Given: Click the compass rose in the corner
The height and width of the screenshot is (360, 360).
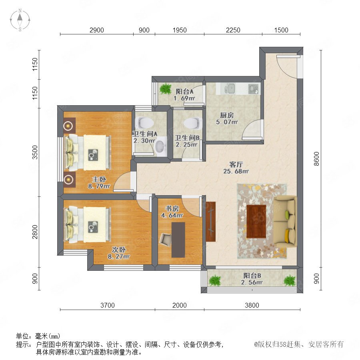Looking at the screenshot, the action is (20, 20).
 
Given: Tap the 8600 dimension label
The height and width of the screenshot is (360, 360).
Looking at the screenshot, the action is (316, 159).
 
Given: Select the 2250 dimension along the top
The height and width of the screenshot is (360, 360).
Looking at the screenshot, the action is (233, 30).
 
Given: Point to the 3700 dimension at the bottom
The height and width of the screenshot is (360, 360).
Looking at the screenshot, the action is (108, 305).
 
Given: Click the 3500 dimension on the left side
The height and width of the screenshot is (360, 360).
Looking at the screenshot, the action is (35, 152).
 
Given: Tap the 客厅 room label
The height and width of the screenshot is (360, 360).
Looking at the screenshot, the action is (236, 164).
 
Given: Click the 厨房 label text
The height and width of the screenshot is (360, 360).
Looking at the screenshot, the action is (227, 115).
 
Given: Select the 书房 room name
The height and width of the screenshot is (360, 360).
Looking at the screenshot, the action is (172, 208).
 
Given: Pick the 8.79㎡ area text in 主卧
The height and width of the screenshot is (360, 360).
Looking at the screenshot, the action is (99, 186).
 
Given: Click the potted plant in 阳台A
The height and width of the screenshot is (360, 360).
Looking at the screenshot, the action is (166, 89).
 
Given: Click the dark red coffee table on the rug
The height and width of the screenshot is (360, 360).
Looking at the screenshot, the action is (256, 222).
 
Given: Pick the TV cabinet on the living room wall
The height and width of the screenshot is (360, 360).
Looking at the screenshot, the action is (210, 222).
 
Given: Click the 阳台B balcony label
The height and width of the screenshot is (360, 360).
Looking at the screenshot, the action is (252, 275).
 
